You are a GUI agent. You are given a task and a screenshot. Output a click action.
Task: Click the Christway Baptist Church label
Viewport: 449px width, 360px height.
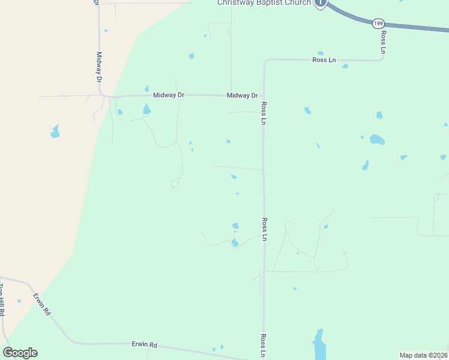coord(264,3)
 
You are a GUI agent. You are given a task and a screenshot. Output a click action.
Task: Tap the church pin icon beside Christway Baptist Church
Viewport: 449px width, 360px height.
coord(321,4)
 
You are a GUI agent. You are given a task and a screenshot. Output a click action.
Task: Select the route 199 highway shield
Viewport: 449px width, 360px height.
coord(378,23)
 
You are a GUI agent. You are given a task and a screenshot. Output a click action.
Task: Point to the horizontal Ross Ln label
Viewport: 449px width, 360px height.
coord(323,60)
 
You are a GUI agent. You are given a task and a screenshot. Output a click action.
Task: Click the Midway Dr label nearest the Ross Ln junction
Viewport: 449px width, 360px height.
coord(242,95)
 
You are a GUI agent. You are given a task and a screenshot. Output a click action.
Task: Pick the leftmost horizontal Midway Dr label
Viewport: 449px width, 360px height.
coord(168,95)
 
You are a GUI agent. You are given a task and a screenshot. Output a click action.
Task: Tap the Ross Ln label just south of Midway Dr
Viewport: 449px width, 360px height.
coord(263,113)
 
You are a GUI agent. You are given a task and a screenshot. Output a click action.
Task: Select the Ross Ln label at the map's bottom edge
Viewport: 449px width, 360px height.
coord(263,346)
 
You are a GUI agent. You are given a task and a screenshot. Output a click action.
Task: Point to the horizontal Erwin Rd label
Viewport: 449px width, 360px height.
coord(144,345)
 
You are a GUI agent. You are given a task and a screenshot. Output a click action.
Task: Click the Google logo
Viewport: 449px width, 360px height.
coord(20,353)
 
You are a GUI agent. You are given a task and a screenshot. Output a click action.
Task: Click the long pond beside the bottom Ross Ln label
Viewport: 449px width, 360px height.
coord(319,344)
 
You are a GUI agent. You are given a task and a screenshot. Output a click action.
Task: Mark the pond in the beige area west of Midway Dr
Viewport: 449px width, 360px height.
coord(55,131)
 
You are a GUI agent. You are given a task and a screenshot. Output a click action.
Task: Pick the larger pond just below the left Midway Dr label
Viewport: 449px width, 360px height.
coord(146,109)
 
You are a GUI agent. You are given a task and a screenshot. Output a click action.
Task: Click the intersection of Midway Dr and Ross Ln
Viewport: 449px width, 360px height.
coord(263,96)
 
